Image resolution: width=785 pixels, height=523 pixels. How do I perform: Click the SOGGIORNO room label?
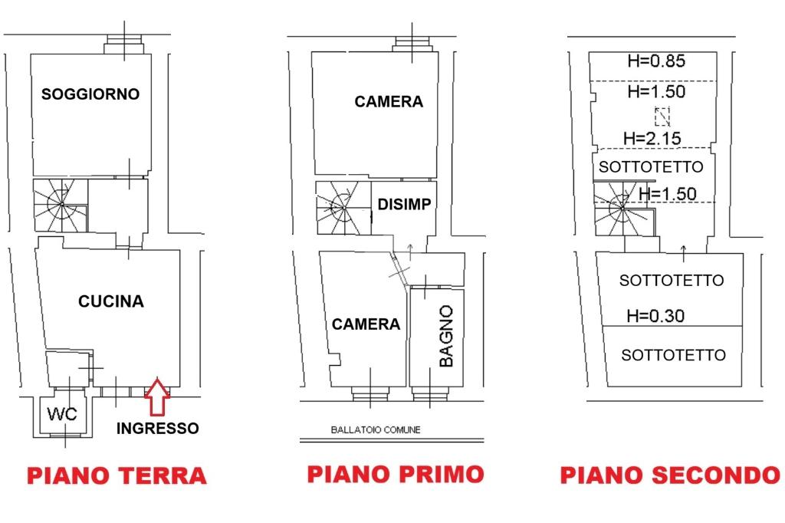click(x=90, y=94)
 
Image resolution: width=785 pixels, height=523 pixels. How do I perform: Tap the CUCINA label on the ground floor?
click(x=111, y=301)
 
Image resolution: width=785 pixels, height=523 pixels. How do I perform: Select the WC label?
click(x=62, y=414)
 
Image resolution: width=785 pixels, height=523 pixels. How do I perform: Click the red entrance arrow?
click(x=157, y=396)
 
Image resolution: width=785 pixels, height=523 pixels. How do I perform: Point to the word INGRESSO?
click(x=158, y=429)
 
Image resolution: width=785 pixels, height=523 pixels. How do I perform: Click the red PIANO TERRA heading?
click(x=117, y=475)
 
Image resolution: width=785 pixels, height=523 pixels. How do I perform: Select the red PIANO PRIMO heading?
click(x=396, y=474)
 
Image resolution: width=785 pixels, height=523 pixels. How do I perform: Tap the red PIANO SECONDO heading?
click(x=670, y=475)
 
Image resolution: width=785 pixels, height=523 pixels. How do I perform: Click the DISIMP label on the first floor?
click(x=404, y=205)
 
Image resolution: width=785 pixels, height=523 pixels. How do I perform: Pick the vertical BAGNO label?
click(x=445, y=336)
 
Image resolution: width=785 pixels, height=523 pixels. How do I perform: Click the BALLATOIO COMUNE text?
click(x=376, y=429)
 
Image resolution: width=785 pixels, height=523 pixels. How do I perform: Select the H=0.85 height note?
click(x=656, y=61)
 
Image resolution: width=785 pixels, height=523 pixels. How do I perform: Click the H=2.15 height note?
click(x=652, y=138)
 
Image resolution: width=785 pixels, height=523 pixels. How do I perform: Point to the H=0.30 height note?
click(x=656, y=316)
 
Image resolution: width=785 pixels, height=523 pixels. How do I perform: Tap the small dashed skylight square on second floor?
click(x=662, y=117)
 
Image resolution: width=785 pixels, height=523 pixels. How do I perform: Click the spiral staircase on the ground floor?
click(x=61, y=206)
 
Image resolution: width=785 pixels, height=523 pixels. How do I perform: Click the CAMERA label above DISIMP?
click(x=389, y=102)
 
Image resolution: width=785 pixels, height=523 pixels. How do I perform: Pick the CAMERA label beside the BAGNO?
click(x=366, y=324)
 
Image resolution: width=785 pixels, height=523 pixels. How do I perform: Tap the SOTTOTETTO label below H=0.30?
click(x=673, y=355)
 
